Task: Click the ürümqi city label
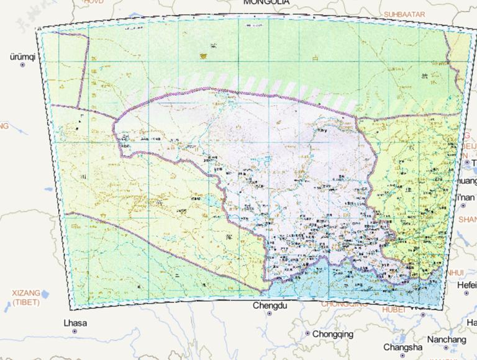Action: click(23, 56)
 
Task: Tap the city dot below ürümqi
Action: click(23, 65)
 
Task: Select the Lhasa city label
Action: click(75, 323)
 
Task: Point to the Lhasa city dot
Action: click(75, 331)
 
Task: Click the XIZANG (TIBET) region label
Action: click(25, 297)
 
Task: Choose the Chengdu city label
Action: click(270, 305)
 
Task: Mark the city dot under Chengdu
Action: click(270, 314)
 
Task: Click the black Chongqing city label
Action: click(332, 334)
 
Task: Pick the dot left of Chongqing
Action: click(307, 334)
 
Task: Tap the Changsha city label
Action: click(402, 347)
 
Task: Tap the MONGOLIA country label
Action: click(266, 2)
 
